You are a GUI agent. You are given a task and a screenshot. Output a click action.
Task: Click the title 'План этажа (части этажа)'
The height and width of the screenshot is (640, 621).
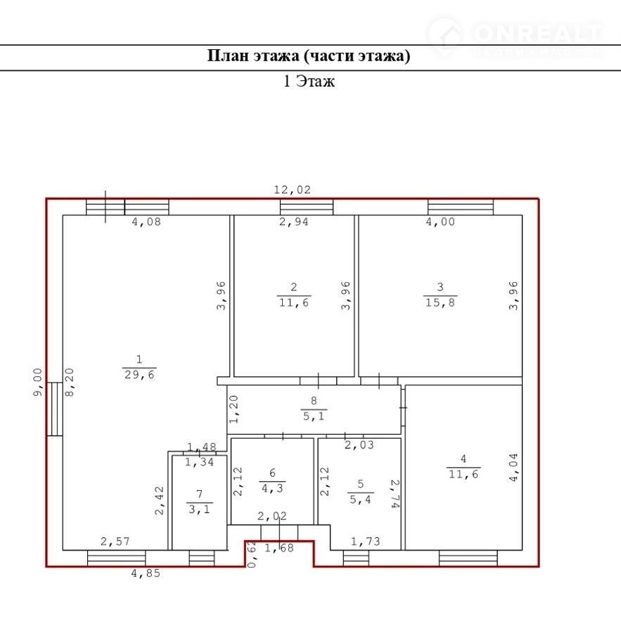pos(309,56)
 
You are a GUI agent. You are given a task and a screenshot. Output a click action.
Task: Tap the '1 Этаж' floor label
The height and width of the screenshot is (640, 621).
pos(309,81)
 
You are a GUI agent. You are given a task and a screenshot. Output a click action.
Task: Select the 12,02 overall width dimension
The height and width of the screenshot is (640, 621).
pos(292,189)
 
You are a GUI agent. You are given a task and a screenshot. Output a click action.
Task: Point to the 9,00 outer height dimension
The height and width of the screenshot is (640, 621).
pos(37,382)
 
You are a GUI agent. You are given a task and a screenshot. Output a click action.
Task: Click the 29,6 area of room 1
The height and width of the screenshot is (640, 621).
pos(139,375)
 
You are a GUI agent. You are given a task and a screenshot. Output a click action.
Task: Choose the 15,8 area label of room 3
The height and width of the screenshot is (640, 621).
pos(440,303)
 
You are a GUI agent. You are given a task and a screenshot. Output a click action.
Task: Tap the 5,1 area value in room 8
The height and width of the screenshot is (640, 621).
pos(314,416)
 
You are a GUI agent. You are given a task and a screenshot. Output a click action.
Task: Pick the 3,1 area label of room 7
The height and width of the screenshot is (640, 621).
pos(199,509)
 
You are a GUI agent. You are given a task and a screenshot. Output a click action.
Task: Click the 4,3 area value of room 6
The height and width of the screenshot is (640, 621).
pos(272,488)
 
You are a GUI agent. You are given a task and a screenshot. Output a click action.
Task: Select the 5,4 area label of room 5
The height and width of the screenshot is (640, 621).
pos(360,499)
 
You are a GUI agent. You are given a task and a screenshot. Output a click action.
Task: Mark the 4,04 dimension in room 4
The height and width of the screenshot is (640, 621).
pos(513,468)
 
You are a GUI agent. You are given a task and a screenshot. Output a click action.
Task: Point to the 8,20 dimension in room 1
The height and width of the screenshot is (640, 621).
pos(70,383)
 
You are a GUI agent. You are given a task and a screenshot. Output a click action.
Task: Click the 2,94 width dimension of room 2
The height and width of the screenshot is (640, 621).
pos(293,222)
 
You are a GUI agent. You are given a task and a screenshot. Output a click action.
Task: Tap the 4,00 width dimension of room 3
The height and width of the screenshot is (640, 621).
pos(440,222)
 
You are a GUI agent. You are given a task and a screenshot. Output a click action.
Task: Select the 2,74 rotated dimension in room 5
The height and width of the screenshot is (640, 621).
pos(395,494)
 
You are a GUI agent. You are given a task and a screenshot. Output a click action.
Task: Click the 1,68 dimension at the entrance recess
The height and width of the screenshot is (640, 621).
pos(279,548)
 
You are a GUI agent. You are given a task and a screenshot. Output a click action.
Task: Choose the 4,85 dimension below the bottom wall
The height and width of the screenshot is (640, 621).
pos(146,573)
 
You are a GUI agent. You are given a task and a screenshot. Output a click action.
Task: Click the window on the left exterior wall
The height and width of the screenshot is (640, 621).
pos(54,409)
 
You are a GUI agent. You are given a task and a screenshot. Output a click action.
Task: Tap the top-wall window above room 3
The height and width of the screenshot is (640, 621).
pos(461,207)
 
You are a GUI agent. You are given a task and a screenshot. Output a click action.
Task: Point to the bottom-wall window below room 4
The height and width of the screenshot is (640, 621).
pos(468,558)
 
